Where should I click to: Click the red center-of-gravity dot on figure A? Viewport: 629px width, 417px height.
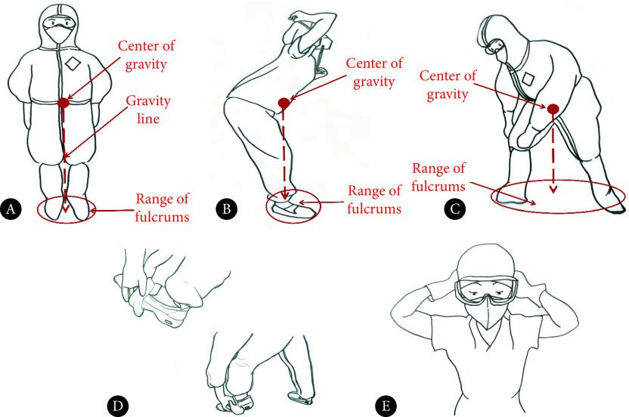coord(64,103)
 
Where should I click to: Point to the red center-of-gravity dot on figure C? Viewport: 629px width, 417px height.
coord(553,109)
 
